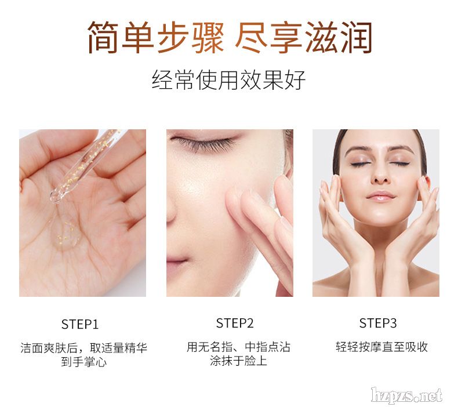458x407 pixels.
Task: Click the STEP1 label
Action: pyautogui.click(x=80, y=324)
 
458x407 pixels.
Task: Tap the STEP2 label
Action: pyautogui.click(x=235, y=323)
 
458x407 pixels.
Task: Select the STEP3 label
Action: pyautogui.click(x=378, y=323)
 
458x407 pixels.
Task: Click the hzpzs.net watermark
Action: pyautogui.click(x=406, y=395)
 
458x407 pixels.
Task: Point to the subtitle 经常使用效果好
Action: pyautogui.click(x=228, y=79)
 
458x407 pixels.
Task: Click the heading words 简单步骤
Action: pyautogui.click(x=156, y=38)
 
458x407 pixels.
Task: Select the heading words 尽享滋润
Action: pyautogui.click(x=304, y=38)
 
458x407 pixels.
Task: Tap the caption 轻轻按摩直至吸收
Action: pyautogui.click(x=381, y=347)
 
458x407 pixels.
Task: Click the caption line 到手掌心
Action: pyautogui.click(x=84, y=362)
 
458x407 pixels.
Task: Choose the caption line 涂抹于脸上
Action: pyautogui.click(x=238, y=361)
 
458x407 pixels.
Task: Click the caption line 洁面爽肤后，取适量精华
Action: pyautogui.click(x=84, y=348)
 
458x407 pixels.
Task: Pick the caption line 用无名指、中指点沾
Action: pyautogui.click(x=238, y=347)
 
